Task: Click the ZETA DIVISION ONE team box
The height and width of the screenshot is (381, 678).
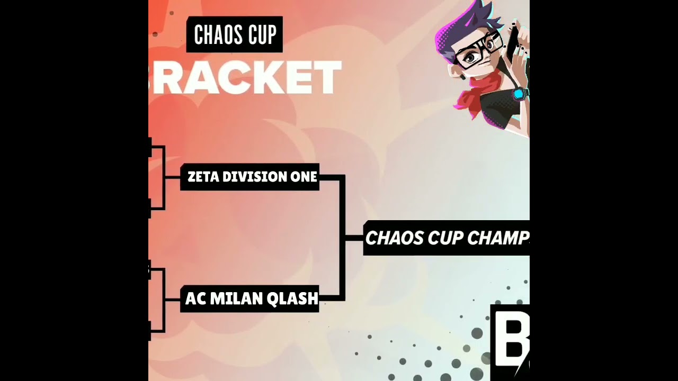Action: pyautogui.click(x=250, y=177)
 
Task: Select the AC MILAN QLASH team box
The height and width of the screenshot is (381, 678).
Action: pyautogui.click(x=250, y=299)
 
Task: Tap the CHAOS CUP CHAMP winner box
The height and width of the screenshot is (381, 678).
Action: pyautogui.click(x=446, y=238)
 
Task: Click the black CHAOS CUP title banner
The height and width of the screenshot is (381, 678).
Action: pyautogui.click(x=235, y=35)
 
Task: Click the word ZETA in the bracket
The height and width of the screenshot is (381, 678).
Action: pyautogui.click(x=203, y=177)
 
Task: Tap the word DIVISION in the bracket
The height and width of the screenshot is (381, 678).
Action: pyautogui.click(x=254, y=177)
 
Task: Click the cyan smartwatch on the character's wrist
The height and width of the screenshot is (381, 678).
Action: pyautogui.click(x=520, y=95)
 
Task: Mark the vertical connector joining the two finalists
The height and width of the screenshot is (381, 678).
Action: pyautogui.click(x=343, y=238)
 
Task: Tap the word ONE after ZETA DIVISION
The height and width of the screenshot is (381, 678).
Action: pyautogui.click(x=304, y=177)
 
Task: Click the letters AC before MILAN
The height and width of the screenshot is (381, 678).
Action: pyautogui.click(x=195, y=299)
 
